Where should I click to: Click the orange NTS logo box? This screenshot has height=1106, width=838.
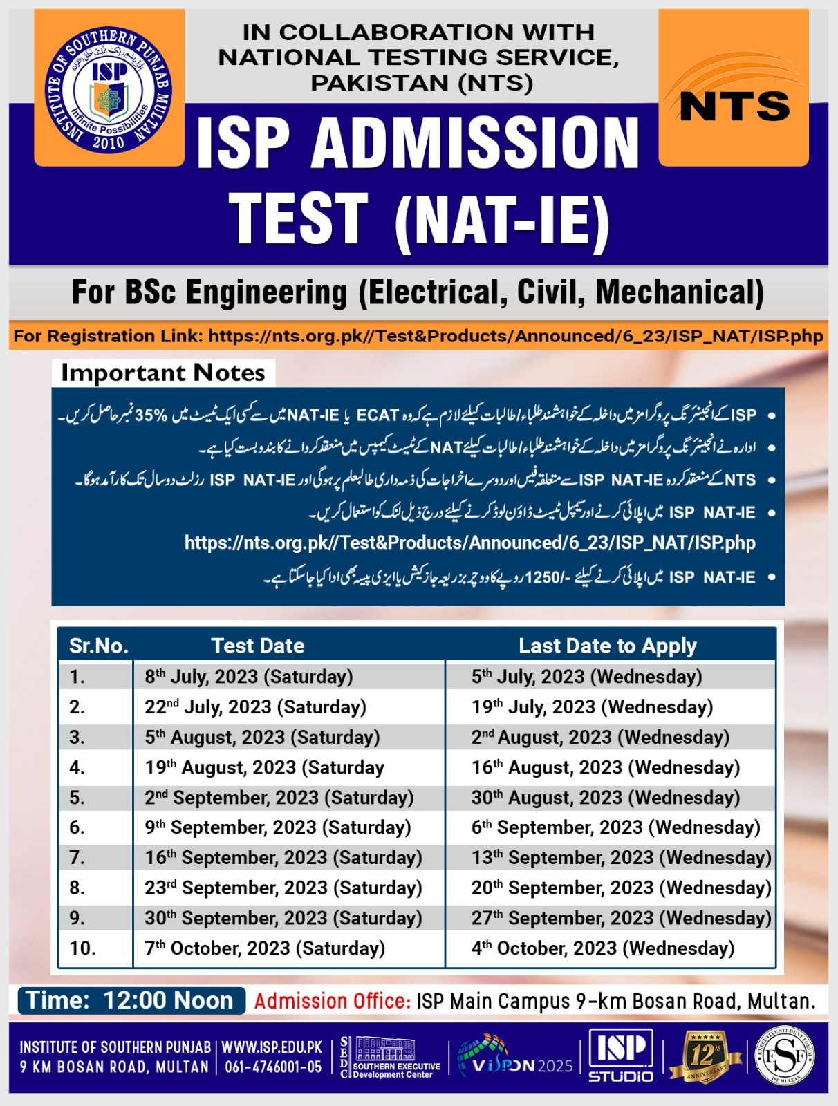click(734, 88)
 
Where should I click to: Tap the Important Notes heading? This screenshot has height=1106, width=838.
click(163, 373)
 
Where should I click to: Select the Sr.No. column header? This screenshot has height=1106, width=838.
click(99, 646)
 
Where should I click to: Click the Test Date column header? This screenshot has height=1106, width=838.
click(258, 646)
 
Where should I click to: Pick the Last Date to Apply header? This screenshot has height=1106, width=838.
click(608, 646)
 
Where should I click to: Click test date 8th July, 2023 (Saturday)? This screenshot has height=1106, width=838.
click(249, 677)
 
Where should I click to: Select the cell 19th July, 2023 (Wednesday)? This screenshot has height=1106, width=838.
click(592, 707)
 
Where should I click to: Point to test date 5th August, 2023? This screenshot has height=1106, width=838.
click(262, 738)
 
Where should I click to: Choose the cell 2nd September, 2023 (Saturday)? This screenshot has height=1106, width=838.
click(279, 798)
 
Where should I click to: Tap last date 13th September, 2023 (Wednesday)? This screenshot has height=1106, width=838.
click(621, 858)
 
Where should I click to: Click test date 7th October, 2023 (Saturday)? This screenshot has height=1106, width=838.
click(265, 948)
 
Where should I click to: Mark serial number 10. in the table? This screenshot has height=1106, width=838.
click(83, 948)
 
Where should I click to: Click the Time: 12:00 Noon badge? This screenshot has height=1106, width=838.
click(131, 1001)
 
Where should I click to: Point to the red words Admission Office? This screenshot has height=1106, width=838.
click(333, 1001)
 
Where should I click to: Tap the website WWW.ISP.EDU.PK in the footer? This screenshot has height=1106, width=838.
click(272, 1047)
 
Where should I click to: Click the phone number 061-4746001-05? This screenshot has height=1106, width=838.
click(273, 1067)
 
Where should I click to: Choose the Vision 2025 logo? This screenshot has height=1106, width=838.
click(515, 1058)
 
